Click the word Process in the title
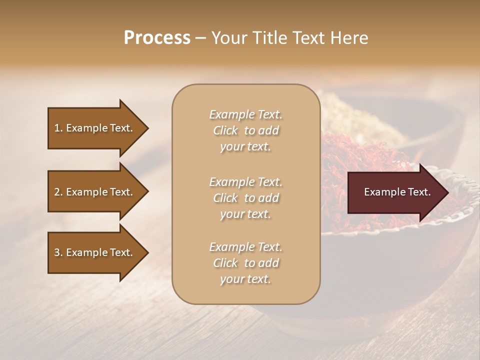157,38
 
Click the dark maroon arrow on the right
395,192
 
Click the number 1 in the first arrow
57,128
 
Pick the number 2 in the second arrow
57,192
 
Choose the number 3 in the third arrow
57,252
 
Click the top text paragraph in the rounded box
245,130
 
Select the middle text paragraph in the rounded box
245,198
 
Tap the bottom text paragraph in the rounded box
245,263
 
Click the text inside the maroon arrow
397,192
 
